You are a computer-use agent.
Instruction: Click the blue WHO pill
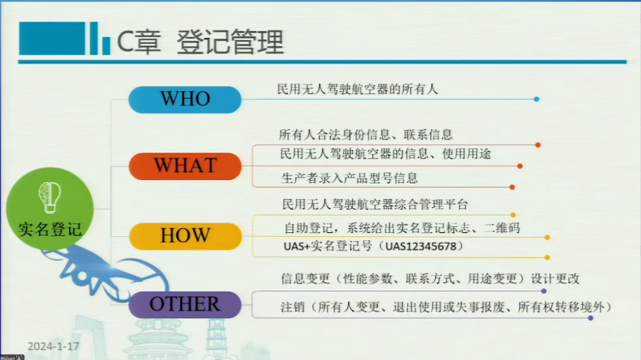point(185,99)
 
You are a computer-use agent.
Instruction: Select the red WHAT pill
point(185,166)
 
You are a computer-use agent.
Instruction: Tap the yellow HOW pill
point(185,236)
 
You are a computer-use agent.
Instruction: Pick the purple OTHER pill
point(185,305)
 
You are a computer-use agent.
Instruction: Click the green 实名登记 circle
point(50,209)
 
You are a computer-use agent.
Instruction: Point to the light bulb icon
point(50,198)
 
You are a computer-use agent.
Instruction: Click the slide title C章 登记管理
point(200,42)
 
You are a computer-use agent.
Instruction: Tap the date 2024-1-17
point(53,346)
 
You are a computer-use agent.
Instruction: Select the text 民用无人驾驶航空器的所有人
point(357,89)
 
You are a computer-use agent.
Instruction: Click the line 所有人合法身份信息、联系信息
point(366,135)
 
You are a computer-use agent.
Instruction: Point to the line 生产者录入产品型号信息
point(349,178)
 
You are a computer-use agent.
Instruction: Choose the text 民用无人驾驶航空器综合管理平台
point(375,204)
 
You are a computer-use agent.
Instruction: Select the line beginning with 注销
point(446,307)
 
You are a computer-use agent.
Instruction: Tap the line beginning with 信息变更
point(430,279)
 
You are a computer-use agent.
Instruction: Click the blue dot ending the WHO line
point(536,99)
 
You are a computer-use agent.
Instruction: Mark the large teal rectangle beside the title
point(52,39)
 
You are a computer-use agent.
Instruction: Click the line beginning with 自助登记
point(402,227)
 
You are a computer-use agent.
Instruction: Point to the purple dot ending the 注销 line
point(590,317)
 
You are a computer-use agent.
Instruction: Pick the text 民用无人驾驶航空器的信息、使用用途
point(386,154)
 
